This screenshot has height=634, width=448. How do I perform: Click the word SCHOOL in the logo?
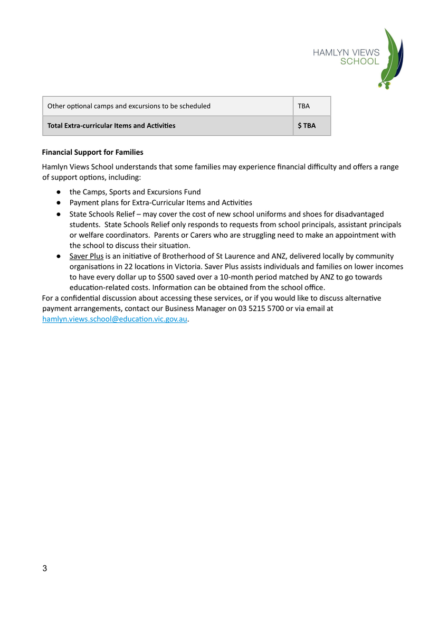(359, 61)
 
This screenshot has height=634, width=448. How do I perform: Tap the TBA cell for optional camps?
(304, 106)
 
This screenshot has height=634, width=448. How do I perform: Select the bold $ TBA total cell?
(307, 126)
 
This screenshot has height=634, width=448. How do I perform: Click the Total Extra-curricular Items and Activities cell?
(111, 126)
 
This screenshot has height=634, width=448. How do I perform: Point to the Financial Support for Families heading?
(92, 152)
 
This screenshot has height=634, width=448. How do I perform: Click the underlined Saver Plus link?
(86, 256)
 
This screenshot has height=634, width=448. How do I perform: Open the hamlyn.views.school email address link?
(115, 319)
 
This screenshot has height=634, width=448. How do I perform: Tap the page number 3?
(44, 568)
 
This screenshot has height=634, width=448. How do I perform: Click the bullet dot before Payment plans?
(59, 203)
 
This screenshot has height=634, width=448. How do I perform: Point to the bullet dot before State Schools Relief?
(59, 214)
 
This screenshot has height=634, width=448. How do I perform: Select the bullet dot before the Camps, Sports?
(59, 192)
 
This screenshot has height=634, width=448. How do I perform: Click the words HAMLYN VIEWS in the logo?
(346, 52)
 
